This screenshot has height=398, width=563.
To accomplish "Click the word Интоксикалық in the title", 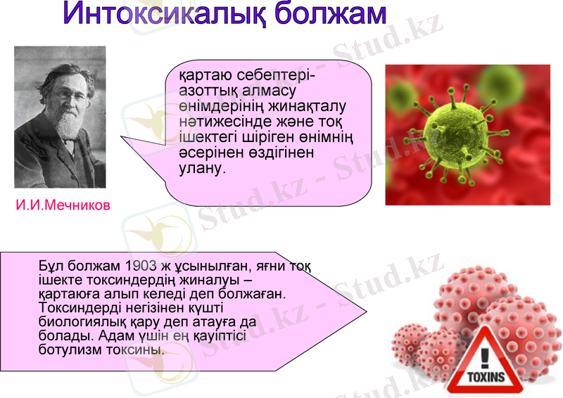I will [x=163, y=16].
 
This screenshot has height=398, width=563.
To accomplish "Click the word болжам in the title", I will [x=330, y=16].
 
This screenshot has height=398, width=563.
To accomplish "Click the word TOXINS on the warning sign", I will [x=485, y=378].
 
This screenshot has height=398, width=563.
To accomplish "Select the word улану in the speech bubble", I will [x=201, y=169].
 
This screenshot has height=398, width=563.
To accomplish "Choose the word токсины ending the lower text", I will [x=141, y=349].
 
